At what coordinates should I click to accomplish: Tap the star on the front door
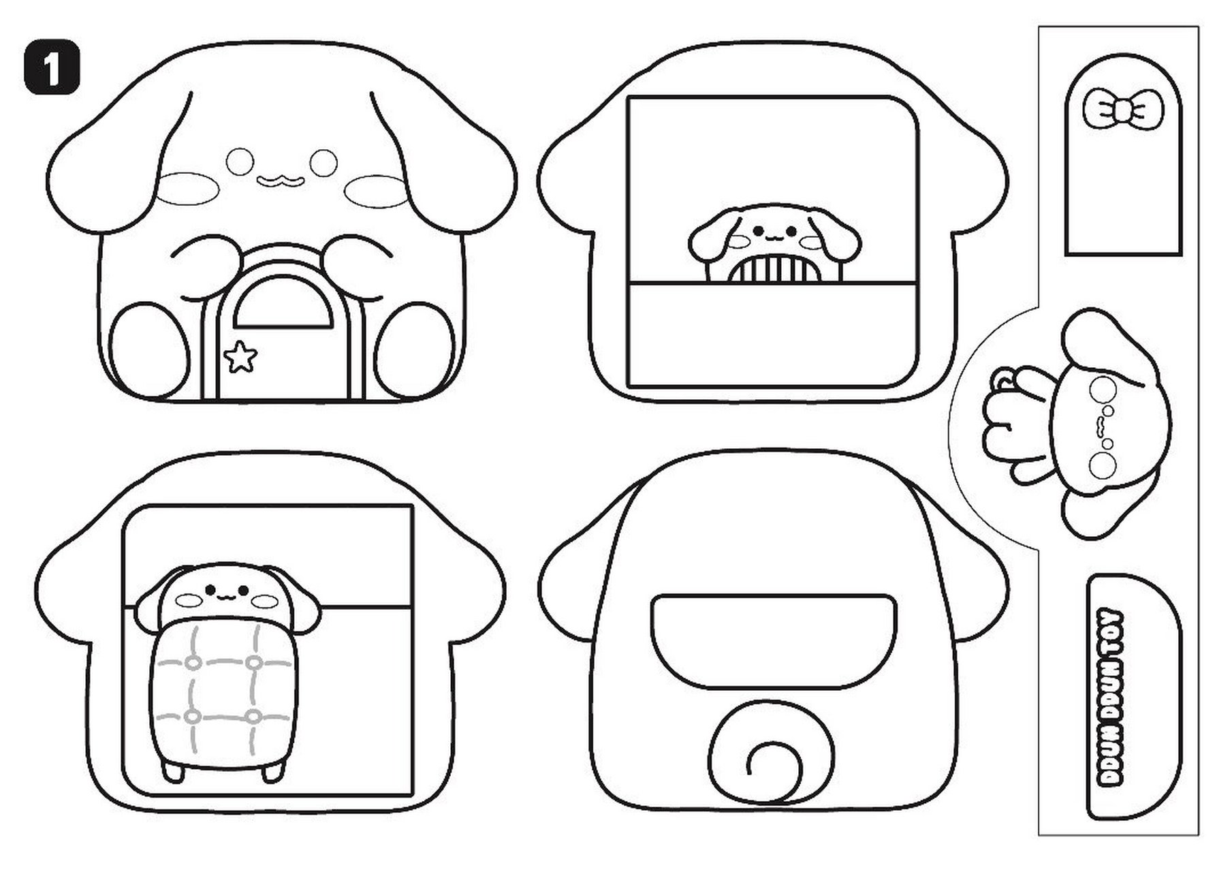(x=240, y=357)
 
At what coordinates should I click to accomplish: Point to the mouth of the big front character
(x=280, y=180)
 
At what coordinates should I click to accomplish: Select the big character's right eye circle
(x=323, y=162)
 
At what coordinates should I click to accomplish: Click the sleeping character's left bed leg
(x=172, y=769)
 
